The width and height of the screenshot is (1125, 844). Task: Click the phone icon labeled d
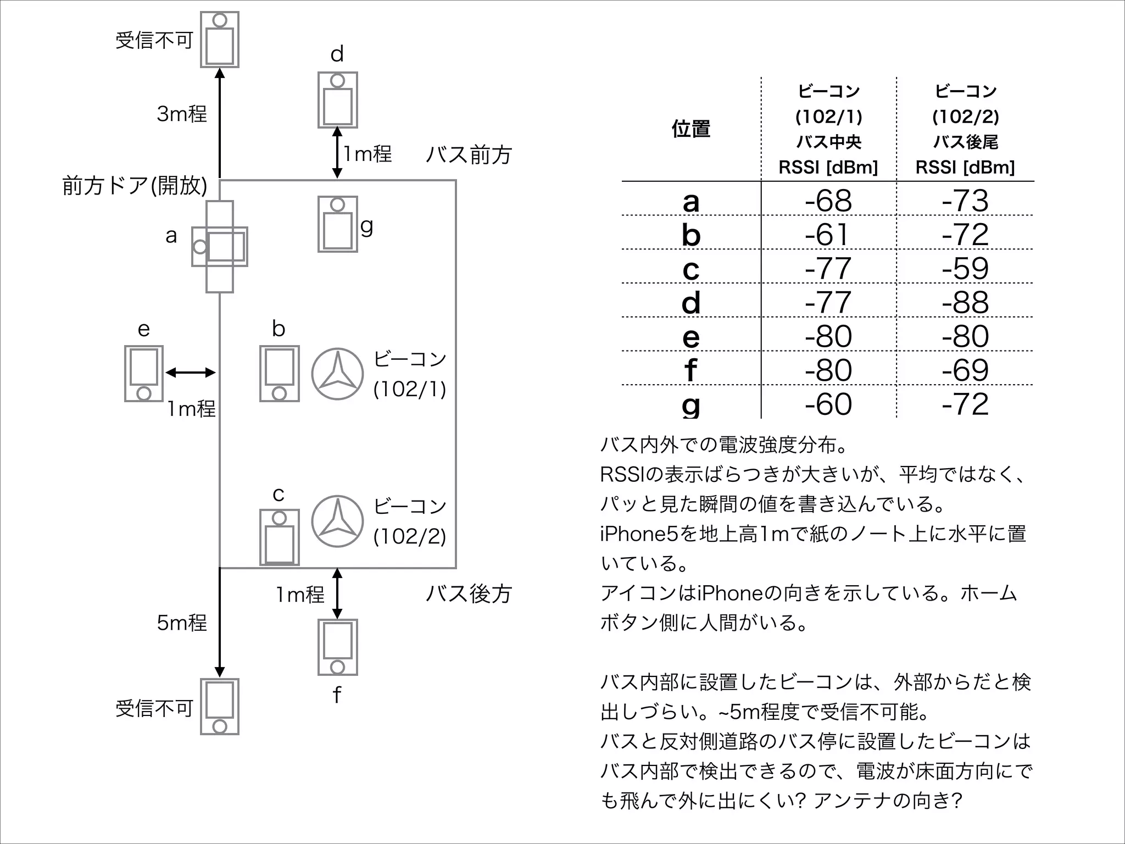(x=337, y=100)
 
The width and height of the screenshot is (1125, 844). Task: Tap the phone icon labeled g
(x=337, y=224)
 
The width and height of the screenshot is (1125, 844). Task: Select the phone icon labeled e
(x=143, y=374)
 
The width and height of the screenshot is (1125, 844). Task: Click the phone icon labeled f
(x=337, y=647)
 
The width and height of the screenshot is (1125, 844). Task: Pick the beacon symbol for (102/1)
(x=337, y=374)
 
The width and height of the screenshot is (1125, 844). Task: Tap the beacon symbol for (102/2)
(x=337, y=521)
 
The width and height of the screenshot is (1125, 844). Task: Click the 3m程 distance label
(x=182, y=114)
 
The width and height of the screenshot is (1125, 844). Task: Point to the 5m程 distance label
(x=182, y=623)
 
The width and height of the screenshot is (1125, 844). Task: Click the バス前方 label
(x=469, y=155)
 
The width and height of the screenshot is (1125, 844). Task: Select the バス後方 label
(x=469, y=594)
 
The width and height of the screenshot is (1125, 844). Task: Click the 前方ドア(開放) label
(x=135, y=186)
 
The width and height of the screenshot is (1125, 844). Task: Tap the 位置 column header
(x=690, y=129)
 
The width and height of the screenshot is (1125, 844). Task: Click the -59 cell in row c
(x=965, y=268)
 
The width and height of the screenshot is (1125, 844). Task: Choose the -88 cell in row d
(x=965, y=302)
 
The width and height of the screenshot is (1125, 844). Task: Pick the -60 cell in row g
(x=828, y=404)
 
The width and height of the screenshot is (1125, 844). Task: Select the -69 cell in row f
(x=965, y=370)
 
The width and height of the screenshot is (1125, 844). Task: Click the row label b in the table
(x=690, y=235)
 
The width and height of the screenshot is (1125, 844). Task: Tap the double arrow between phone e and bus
(x=190, y=373)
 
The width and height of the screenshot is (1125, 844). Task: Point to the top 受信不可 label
(x=154, y=40)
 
